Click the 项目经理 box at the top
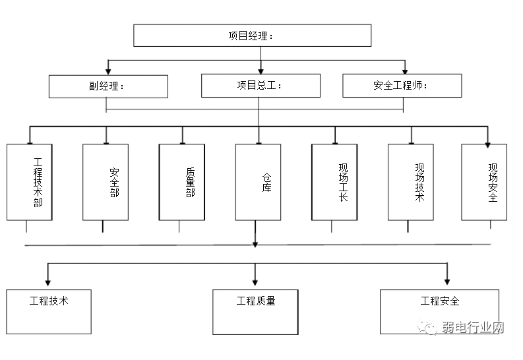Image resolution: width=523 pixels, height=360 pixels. [x=252, y=36]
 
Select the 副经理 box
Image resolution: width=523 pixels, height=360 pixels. [x=108, y=86]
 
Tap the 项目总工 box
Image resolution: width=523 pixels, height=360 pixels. [x=261, y=86]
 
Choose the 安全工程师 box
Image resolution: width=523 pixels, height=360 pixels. [x=402, y=86]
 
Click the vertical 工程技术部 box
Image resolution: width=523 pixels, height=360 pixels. [x=30, y=182]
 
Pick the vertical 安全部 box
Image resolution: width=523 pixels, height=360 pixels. [x=106, y=182]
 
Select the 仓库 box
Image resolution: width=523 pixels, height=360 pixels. [x=258, y=182]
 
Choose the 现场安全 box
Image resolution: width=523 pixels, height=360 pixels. [x=484, y=182]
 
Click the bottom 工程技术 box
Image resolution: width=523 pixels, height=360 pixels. [x=49, y=311]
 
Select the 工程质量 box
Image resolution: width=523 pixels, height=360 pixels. [x=256, y=311]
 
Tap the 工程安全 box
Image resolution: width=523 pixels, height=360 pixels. [x=440, y=311]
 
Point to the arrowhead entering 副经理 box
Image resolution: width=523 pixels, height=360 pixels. [x=108, y=71]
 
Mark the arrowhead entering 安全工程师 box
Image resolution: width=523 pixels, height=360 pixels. [x=404, y=71]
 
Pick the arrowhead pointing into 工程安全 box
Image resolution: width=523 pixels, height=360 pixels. [x=447, y=282]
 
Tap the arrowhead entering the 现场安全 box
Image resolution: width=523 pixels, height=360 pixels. [x=488, y=140]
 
